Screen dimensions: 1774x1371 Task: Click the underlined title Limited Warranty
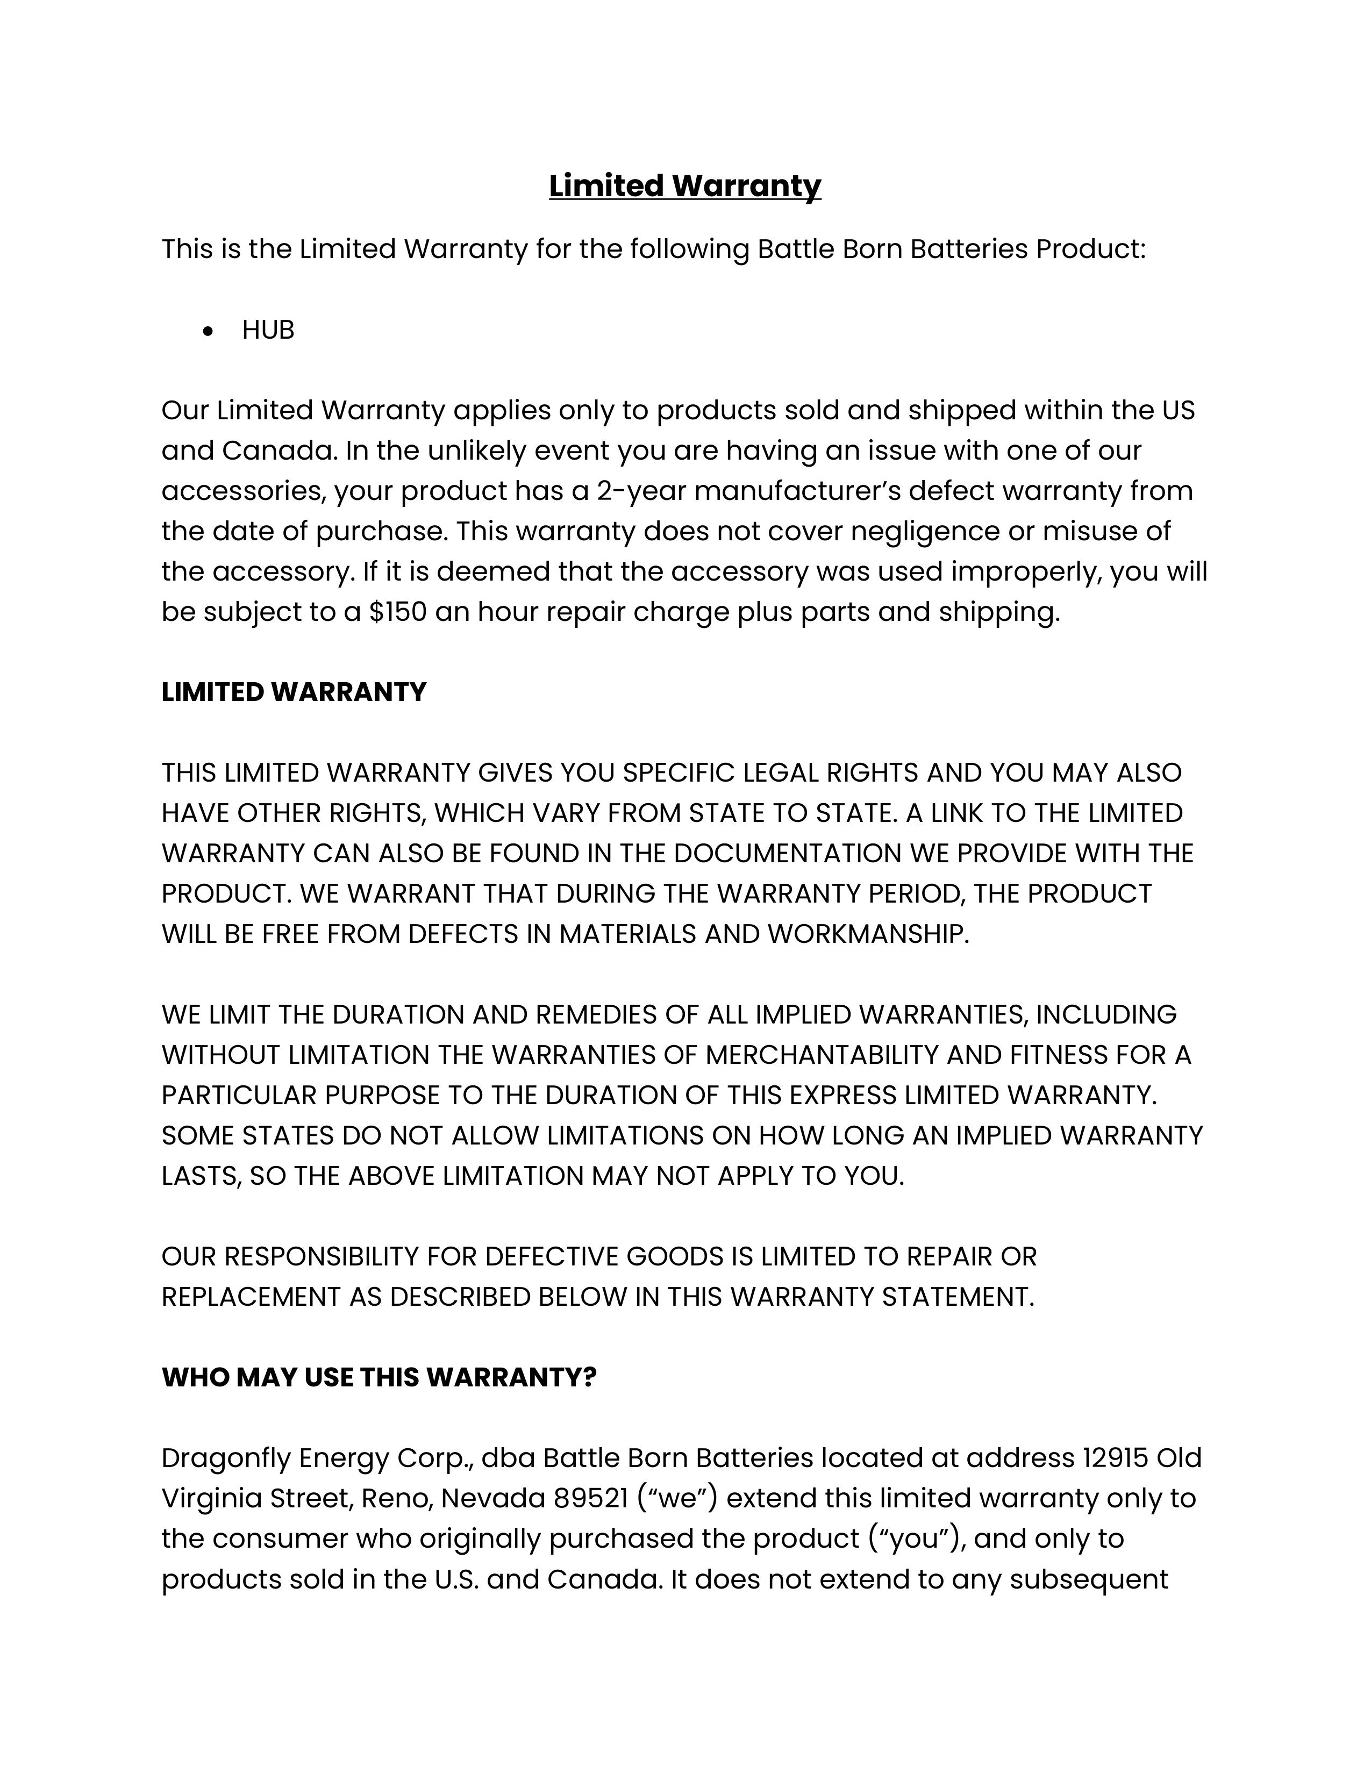tap(684, 186)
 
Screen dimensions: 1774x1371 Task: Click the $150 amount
tap(397, 612)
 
